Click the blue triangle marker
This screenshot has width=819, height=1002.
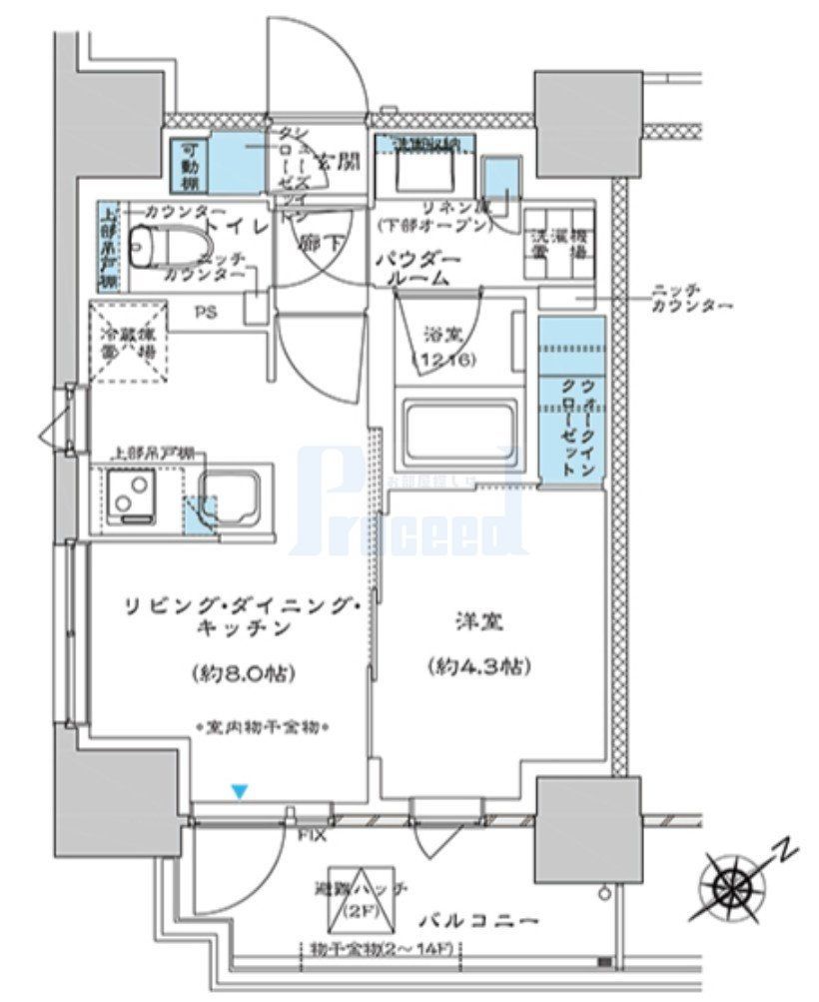(x=238, y=792)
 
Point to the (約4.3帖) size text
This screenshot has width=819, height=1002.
(x=475, y=665)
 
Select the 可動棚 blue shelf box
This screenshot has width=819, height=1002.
(x=190, y=166)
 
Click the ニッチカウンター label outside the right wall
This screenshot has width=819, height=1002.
(x=689, y=297)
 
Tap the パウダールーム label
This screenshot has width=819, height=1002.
(x=417, y=270)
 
